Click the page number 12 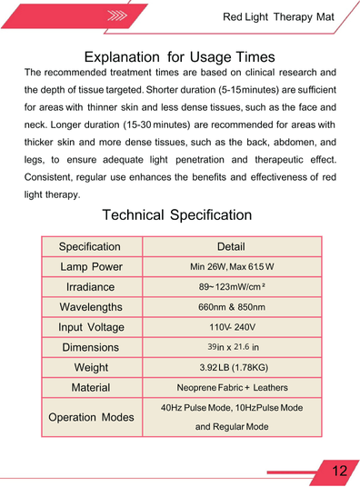point(340,471)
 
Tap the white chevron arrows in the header point(116,15)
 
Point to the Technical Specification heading point(177,215)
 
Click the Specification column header point(89,247)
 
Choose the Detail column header point(231,247)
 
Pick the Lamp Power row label point(91,267)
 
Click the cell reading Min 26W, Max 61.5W point(232,267)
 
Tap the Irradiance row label point(90,287)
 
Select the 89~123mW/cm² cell point(231,287)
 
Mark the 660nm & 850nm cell point(231,307)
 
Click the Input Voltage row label point(91,327)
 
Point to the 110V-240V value point(232,327)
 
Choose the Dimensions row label point(90,347)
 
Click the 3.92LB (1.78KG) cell point(232,367)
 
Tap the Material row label point(90,387)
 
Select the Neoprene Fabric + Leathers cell point(231,387)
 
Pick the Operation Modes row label point(91,417)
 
